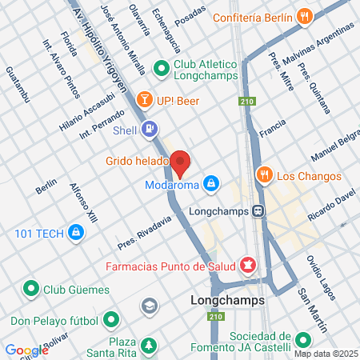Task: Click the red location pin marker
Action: [x=180, y=163]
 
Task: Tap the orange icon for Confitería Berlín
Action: [x=304, y=16]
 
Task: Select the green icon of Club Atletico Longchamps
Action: [x=161, y=68]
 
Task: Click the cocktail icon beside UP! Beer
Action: [x=144, y=101]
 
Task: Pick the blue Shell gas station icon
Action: [x=149, y=128]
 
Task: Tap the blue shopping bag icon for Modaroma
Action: [x=210, y=184]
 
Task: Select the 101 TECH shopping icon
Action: [x=75, y=233]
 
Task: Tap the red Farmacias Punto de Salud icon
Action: [x=248, y=263]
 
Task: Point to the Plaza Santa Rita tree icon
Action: [x=149, y=346]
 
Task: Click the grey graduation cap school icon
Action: [x=149, y=306]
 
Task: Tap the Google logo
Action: [x=26, y=350]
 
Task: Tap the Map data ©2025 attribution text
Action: [x=326, y=354]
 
